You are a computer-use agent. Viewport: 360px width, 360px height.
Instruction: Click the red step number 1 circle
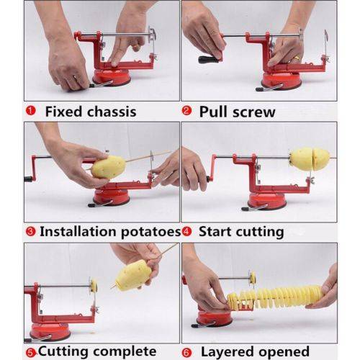pos(31,111)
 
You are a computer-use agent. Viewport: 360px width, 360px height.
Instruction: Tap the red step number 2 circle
pos(186,111)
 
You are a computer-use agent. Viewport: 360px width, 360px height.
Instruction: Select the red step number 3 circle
pos(30,232)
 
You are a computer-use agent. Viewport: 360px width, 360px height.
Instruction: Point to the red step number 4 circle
pos(186,232)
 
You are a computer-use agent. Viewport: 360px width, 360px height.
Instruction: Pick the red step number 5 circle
pos(30,352)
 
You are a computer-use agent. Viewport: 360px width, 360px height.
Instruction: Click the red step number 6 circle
pos(187,352)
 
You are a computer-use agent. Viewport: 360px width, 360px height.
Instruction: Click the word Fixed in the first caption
pos(67,111)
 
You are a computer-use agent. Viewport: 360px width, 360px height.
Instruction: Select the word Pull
pos(214,111)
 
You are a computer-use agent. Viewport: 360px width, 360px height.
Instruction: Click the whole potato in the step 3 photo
pos(108,167)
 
